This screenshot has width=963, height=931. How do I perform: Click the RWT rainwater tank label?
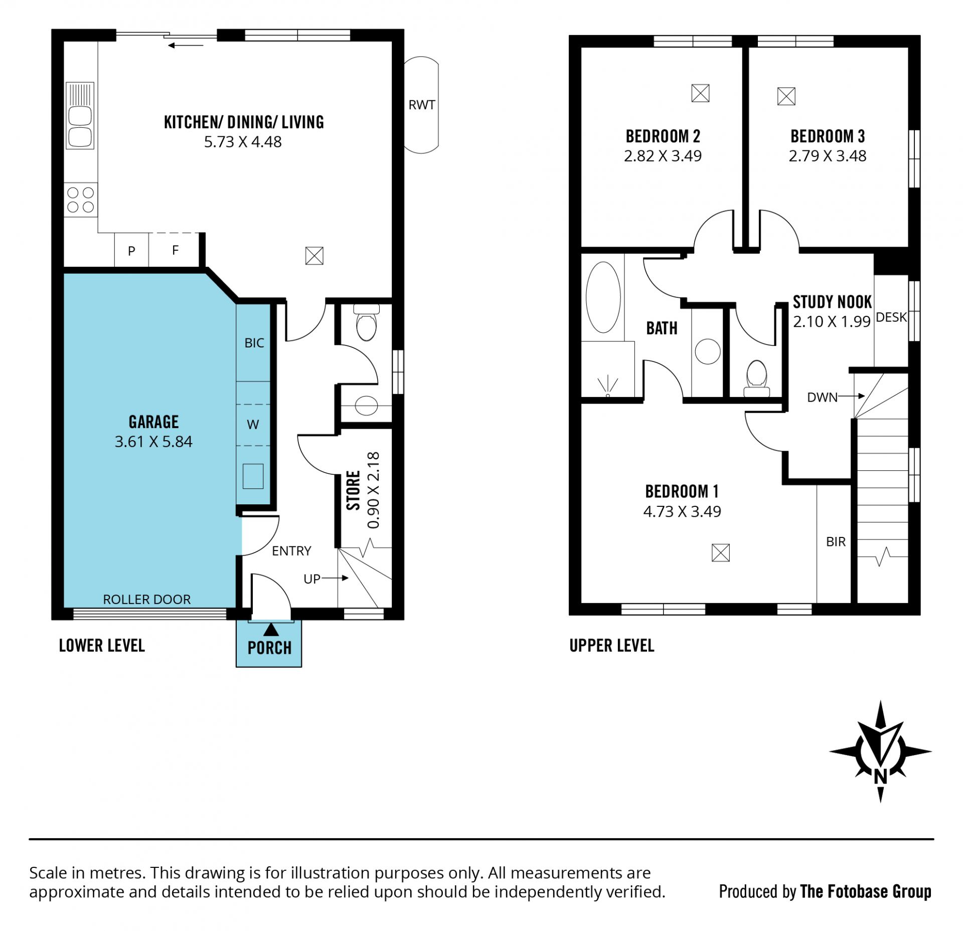[x=421, y=105]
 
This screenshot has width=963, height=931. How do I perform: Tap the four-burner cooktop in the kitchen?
[x=81, y=200]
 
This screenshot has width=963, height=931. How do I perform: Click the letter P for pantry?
[x=131, y=251]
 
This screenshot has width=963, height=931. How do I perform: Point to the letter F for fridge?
[x=175, y=250]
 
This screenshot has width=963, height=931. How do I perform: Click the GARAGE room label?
[x=153, y=422]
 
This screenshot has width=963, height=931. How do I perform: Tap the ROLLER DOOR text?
[x=146, y=599]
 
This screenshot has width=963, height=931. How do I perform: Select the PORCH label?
[x=269, y=648]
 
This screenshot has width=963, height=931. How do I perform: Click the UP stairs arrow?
[x=335, y=578]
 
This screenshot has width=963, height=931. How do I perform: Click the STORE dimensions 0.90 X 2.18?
[x=374, y=490]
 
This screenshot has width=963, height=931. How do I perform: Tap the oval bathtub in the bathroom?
[x=603, y=297]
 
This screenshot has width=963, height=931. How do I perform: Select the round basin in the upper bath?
[x=708, y=351]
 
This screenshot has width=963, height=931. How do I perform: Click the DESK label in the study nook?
[x=891, y=317]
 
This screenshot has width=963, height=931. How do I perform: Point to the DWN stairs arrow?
[x=851, y=396]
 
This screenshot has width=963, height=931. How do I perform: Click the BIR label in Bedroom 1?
[x=836, y=541]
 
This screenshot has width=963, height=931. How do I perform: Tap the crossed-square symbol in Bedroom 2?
[x=700, y=93]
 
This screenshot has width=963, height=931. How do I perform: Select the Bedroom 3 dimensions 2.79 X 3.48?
[x=828, y=156]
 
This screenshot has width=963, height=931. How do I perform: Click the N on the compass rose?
[x=880, y=776]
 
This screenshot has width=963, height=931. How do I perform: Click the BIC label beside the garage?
[x=254, y=343]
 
